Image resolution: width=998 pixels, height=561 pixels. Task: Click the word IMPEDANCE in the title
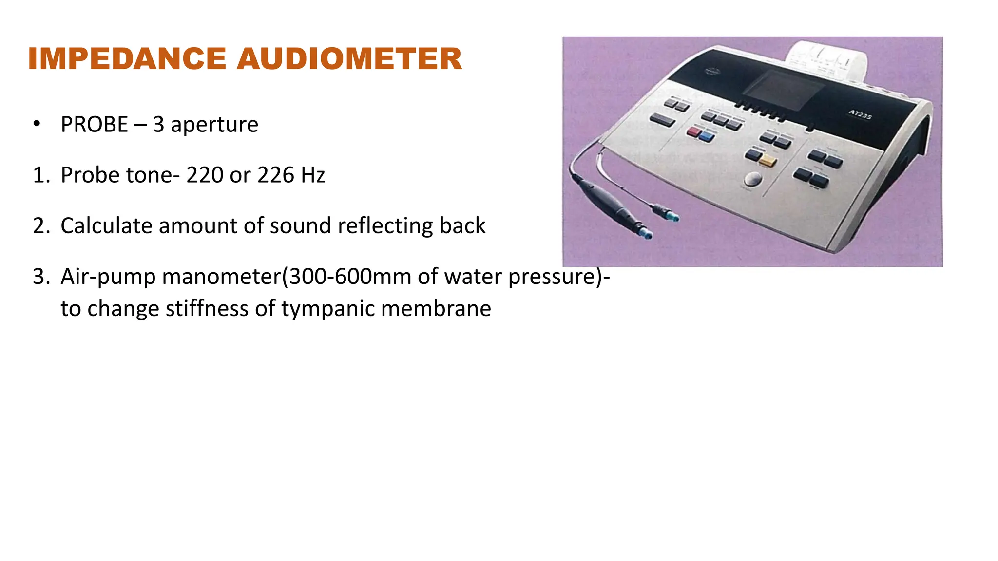pyautogui.click(x=127, y=59)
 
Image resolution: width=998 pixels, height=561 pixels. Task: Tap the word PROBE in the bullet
pyautogui.click(x=94, y=125)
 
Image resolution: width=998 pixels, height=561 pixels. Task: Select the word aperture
pyautogui.click(x=214, y=125)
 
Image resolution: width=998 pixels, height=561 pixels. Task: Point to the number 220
pyautogui.click(x=205, y=175)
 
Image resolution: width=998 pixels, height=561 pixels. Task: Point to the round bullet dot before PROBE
pyautogui.click(x=37, y=124)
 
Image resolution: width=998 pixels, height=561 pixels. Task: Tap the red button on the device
pyautogui.click(x=693, y=131)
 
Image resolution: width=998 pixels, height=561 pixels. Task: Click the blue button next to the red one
pyautogui.click(x=706, y=136)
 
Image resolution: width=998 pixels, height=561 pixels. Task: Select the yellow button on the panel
pyautogui.click(x=768, y=161)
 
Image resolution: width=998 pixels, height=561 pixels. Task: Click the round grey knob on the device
pyautogui.click(x=753, y=179)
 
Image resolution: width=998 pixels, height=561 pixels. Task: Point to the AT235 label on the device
pyautogui.click(x=860, y=115)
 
